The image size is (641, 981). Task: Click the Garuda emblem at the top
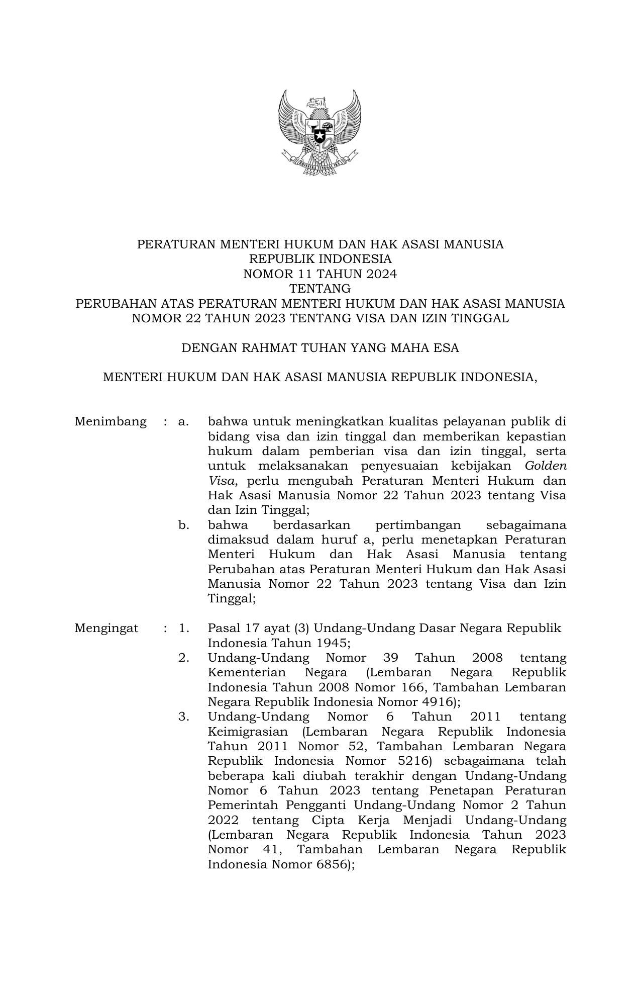320,132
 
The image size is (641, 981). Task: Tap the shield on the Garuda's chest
320,132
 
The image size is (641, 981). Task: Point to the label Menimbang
111,421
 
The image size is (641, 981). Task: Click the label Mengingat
106,628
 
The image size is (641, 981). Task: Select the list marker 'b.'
184,525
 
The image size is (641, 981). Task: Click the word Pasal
224,628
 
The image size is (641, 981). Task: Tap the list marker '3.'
184,717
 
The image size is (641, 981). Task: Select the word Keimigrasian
248,732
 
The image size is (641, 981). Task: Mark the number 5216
411,761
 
